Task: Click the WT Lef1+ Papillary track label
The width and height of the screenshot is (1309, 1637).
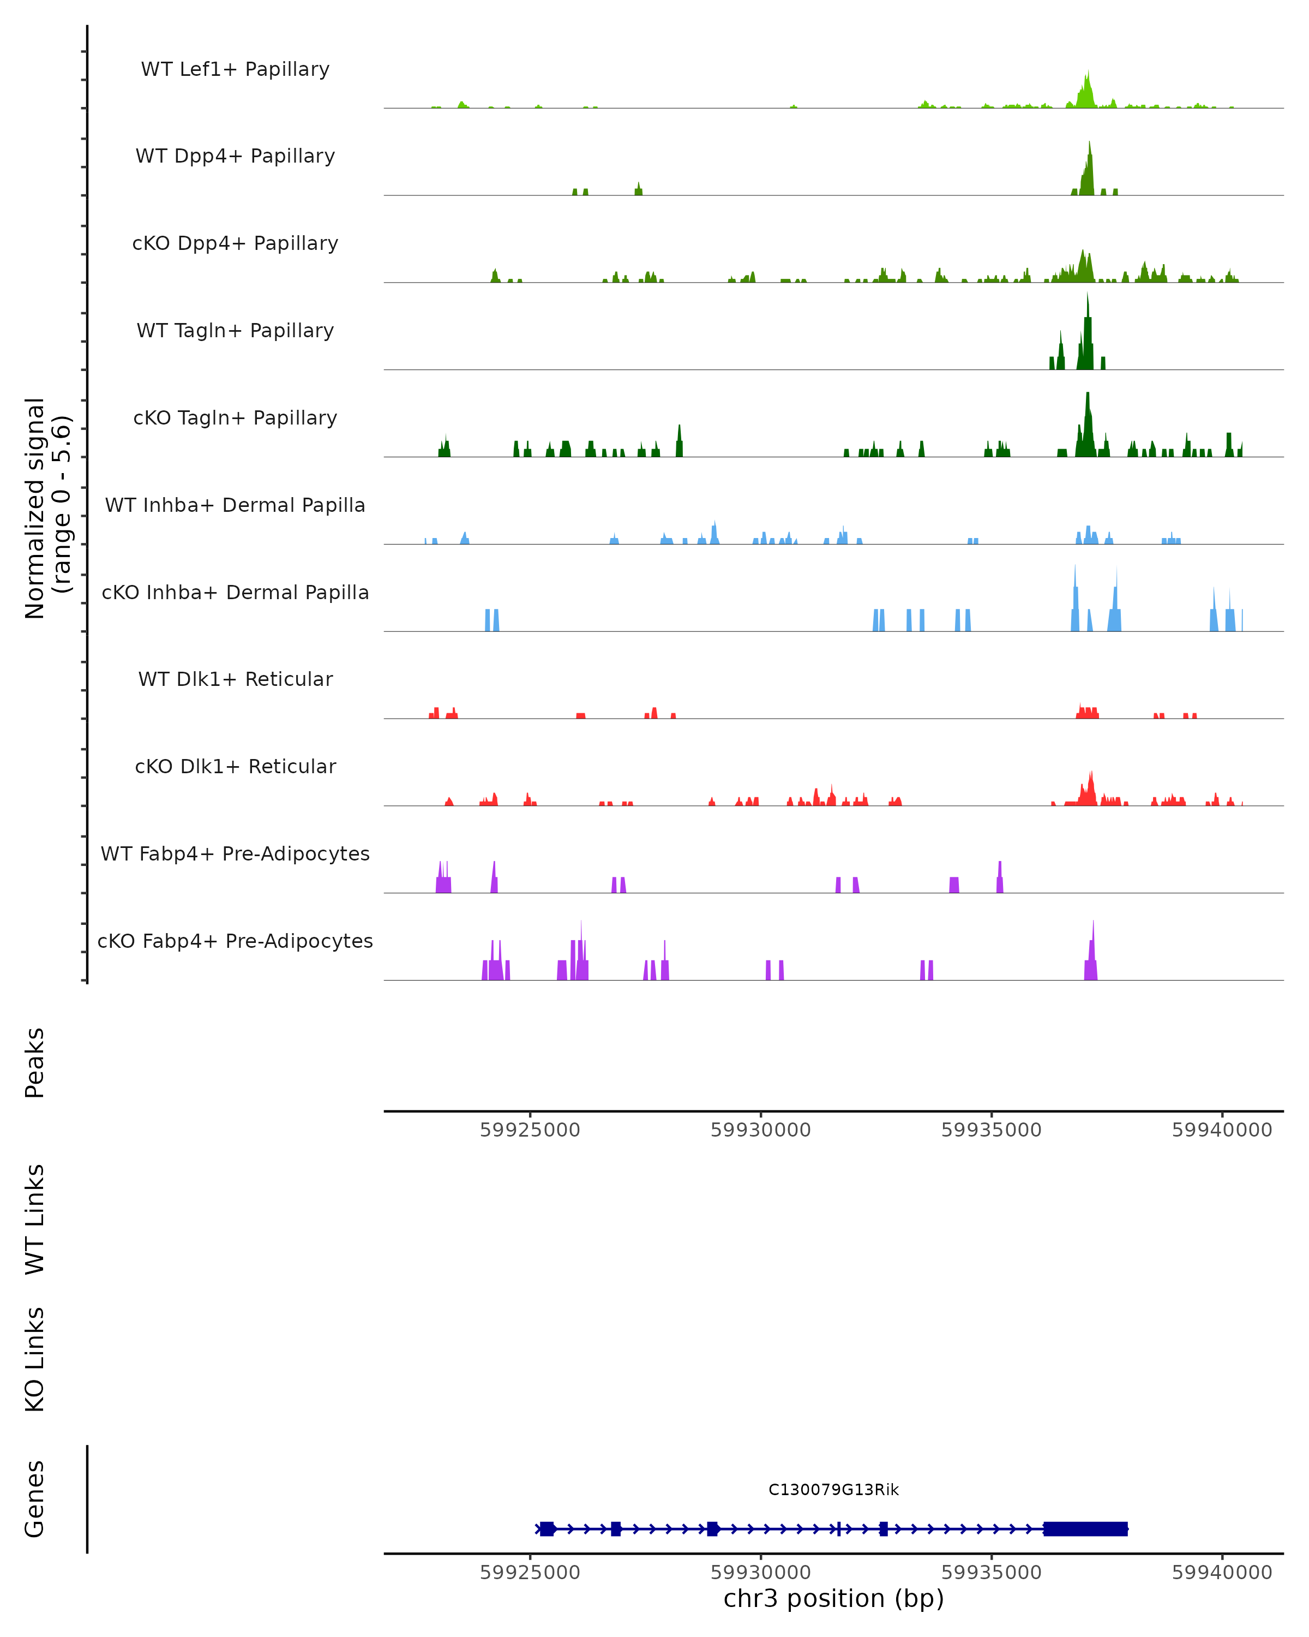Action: click(x=235, y=69)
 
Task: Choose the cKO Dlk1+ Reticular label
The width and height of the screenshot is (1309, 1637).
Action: click(x=235, y=766)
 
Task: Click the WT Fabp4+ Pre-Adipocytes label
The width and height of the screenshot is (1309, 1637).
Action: click(x=235, y=853)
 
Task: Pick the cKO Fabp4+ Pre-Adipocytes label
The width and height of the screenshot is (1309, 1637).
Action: click(x=235, y=941)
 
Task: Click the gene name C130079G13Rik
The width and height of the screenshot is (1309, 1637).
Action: click(x=833, y=1490)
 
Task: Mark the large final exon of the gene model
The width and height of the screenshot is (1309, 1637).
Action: click(x=1085, y=1528)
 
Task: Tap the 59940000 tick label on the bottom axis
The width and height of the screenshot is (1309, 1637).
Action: click(x=1222, y=1573)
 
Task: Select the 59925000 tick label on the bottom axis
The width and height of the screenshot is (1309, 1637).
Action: click(x=530, y=1573)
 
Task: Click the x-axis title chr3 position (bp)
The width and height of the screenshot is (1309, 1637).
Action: click(x=833, y=1599)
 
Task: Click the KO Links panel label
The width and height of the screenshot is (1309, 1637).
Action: click(x=35, y=1359)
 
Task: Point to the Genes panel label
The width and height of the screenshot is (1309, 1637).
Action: click(x=35, y=1499)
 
